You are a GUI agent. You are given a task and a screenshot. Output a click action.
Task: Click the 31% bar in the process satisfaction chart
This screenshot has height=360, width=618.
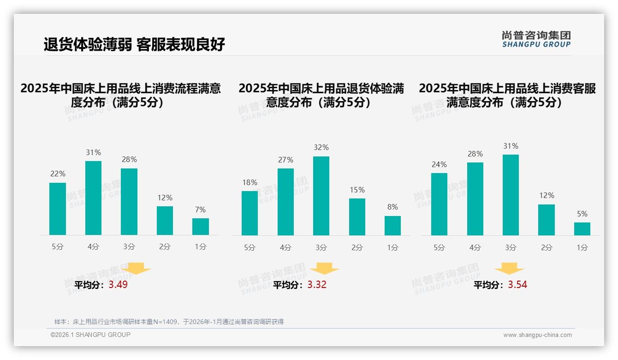pyautogui.click(x=94, y=198)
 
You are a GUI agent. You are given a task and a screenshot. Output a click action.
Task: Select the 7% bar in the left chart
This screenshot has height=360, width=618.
pyautogui.click(x=201, y=227)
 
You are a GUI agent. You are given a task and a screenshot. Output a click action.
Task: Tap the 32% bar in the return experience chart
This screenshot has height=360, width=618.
pyautogui.click(x=321, y=196)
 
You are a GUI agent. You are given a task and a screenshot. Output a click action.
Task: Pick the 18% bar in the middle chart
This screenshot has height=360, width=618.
pyautogui.click(x=250, y=213)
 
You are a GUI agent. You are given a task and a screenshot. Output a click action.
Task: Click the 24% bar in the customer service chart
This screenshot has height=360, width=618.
pyautogui.click(x=439, y=204)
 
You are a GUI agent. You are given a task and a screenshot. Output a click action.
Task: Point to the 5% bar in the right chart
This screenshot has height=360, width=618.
pyautogui.click(x=582, y=229)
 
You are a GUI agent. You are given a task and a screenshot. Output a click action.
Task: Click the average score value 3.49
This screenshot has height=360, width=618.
pyautogui.click(x=118, y=285)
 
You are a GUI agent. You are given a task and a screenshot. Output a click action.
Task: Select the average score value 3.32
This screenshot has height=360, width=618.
pyautogui.click(x=317, y=285)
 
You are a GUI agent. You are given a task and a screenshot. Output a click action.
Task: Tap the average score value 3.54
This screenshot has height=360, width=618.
pyautogui.click(x=517, y=285)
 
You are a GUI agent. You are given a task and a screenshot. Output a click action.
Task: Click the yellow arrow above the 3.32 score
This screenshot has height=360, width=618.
pyautogui.click(x=325, y=269)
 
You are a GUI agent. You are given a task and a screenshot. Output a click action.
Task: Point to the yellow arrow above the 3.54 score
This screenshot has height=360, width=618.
pyautogui.click(x=509, y=269)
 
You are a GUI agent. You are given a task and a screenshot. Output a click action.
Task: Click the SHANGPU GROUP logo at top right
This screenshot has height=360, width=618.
pyautogui.click(x=536, y=39)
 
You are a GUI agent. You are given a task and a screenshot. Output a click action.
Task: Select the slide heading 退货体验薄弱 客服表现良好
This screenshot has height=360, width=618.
pyautogui.click(x=134, y=44)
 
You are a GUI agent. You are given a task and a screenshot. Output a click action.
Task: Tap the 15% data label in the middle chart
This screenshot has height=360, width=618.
pyautogui.click(x=357, y=190)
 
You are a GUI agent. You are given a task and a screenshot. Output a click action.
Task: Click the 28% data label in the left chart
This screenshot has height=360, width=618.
pyautogui.click(x=129, y=160)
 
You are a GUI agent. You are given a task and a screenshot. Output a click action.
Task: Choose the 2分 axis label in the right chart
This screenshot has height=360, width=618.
pyautogui.click(x=547, y=248)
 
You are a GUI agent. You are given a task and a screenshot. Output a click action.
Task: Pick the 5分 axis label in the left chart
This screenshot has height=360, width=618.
pyautogui.click(x=58, y=247)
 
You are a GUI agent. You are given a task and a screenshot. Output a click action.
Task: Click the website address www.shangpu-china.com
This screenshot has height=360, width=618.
pyautogui.click(x=537, y=335)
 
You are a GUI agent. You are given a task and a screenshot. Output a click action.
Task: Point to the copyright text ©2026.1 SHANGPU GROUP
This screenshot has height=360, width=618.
pyautogui.click(x=90, y=335)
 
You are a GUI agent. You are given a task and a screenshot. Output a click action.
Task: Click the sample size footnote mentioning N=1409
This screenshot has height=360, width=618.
pyautogui.click(x=169, y=322)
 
